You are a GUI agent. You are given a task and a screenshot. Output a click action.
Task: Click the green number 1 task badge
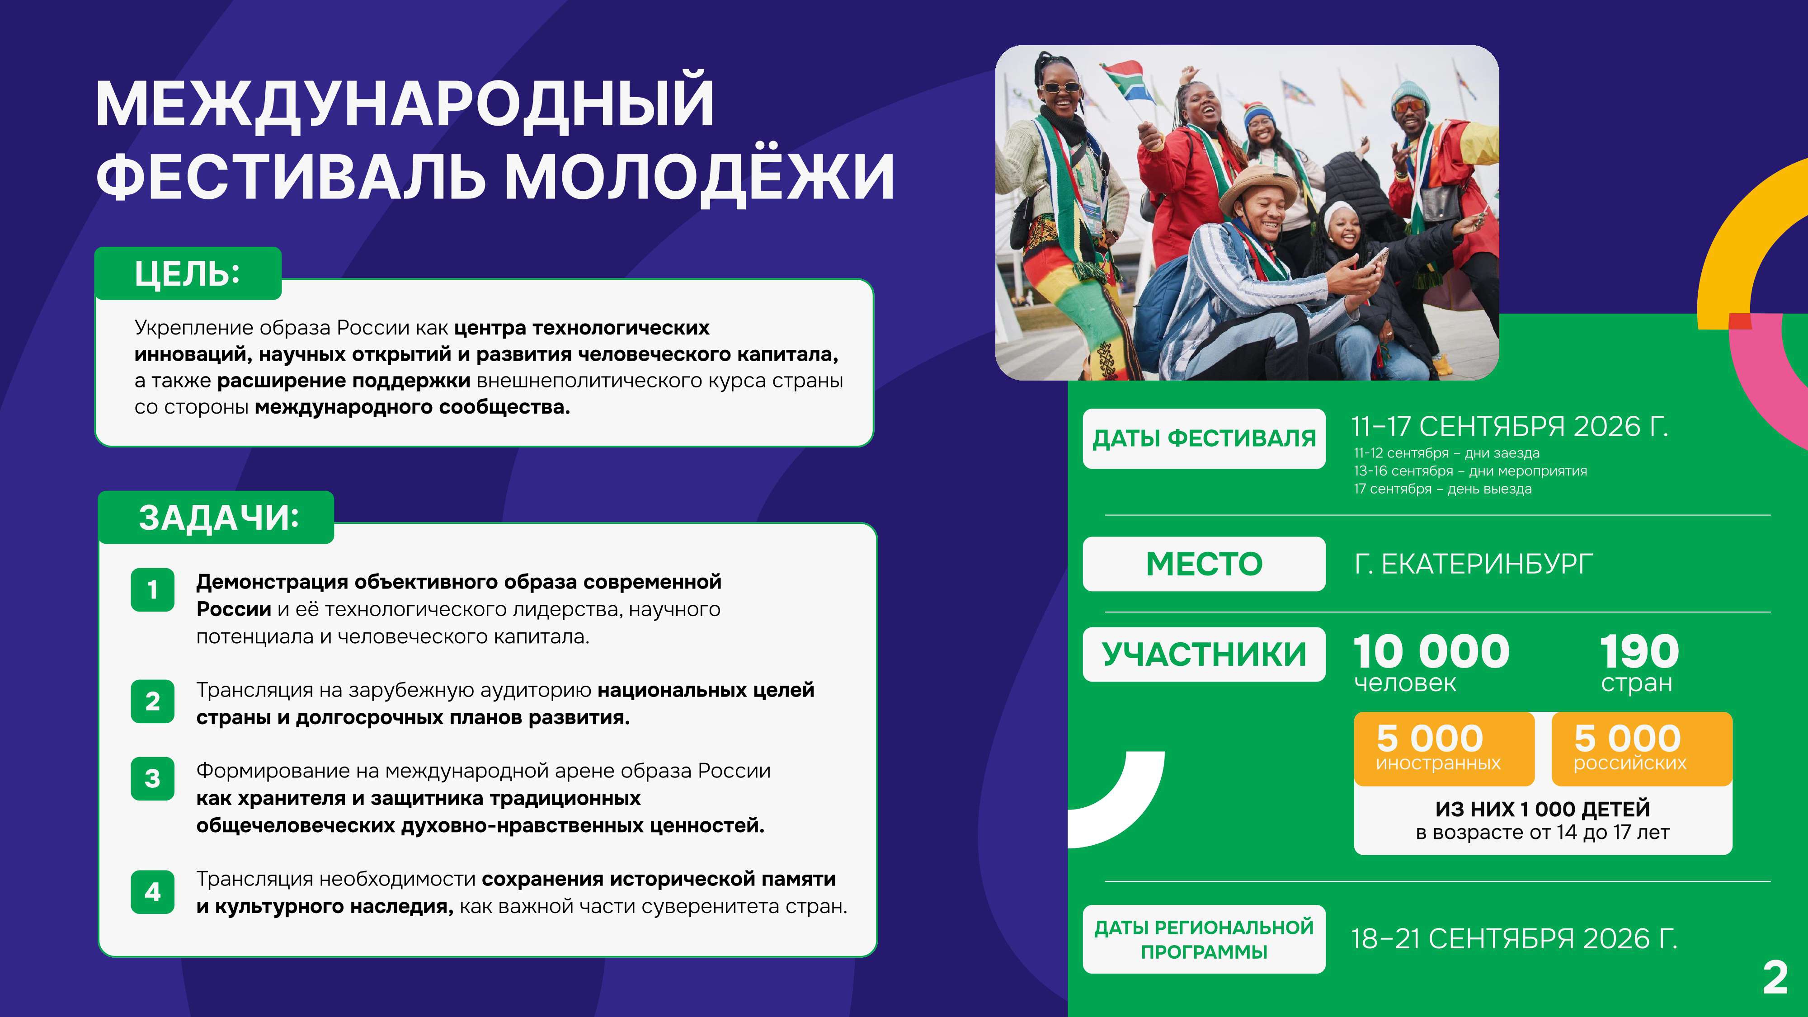152,589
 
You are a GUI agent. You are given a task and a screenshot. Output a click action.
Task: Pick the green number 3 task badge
152,778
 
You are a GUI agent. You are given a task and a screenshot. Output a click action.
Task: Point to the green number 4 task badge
152,892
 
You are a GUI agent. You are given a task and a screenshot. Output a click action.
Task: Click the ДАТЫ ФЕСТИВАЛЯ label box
1204,438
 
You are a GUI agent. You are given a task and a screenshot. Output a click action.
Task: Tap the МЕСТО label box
1204,564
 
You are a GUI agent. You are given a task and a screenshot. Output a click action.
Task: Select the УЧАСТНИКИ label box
1204,654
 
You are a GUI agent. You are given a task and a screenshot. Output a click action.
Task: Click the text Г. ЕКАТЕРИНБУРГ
1473,564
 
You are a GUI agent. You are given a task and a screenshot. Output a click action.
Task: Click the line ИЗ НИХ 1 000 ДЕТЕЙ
1543,809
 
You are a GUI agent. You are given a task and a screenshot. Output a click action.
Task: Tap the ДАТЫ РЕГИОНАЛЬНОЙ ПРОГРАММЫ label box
1204,939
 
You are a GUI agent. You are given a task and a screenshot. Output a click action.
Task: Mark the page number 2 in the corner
1775,978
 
